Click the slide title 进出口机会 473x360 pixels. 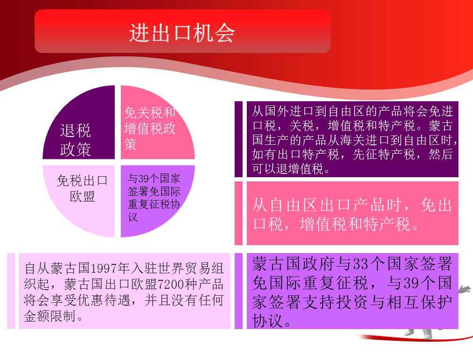click(x=182, y=33)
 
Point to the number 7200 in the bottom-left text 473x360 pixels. click(x=171, y=284)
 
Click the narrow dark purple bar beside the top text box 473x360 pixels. click(x=239, y=139)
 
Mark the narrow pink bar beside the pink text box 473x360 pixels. click(x=239, y=213)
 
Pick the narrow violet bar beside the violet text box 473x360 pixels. click(x=239, y=291)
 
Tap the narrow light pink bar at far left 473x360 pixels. click(x=11, y=291)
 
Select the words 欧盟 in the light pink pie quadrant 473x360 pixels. click(x=82, y=196)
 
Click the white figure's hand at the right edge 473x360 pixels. click(x=465, y=289)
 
